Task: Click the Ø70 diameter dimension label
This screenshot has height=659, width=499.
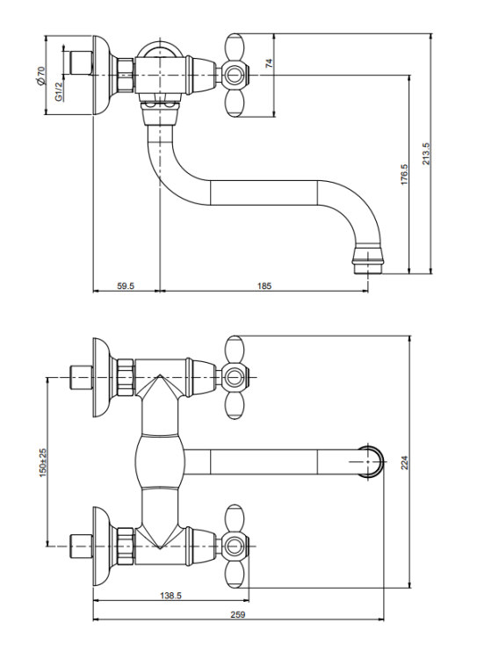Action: (x=40, y=76)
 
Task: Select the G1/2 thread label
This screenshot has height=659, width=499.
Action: (x=59, y=91)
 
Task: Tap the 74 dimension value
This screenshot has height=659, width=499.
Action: (x=270, y=63)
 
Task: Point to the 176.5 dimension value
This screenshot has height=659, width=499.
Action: (x=404, y=175)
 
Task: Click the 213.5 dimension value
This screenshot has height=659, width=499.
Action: (x=426, y=154)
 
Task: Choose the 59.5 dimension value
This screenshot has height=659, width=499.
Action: (x=126, y=286)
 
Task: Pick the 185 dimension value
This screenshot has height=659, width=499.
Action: (x=264, y=286)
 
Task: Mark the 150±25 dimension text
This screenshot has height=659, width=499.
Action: (x=43, y=464)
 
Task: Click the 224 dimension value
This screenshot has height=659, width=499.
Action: (x=404, y=462)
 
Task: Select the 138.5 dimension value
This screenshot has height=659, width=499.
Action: (x=170, y=596)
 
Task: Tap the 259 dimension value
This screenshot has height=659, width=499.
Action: (x=237, y=615)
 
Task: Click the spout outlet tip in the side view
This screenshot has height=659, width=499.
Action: (x=368, y=268)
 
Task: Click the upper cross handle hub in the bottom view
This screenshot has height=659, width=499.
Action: (x=233, y=377)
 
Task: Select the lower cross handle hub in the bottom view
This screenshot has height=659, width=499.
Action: (x=233, y=547)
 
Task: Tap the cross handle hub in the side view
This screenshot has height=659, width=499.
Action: (x=233, y=76)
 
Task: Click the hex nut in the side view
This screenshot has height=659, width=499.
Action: (x=127, y=76)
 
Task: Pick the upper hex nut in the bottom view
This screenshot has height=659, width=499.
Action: (x=126, y=377)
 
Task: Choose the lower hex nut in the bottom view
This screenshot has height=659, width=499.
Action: (x=126, y=546)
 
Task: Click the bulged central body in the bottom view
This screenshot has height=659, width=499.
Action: (x=160, y=461)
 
